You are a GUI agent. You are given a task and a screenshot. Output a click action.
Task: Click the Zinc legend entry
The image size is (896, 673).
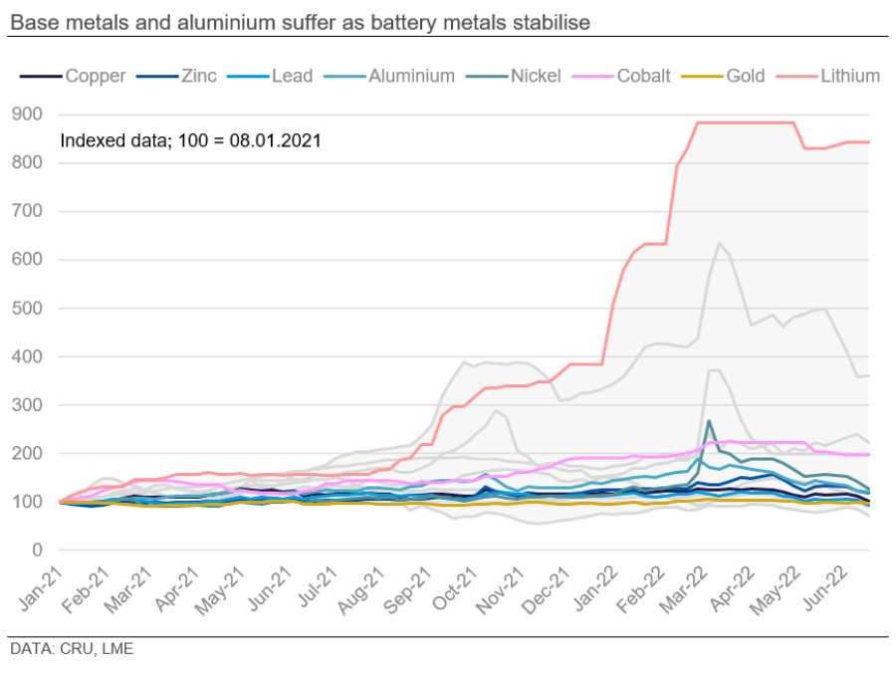point(195,76)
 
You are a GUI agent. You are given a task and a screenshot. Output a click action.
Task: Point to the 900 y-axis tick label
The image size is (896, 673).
point(29,114)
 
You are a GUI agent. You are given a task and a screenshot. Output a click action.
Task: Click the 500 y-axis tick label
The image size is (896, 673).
point(29,308)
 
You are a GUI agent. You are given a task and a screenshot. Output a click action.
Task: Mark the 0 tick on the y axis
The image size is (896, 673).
point(38,550)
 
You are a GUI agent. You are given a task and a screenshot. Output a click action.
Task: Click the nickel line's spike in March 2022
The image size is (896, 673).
point(709,421)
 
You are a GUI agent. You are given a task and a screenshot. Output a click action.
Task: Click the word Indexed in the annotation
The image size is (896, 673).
point(90,140)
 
